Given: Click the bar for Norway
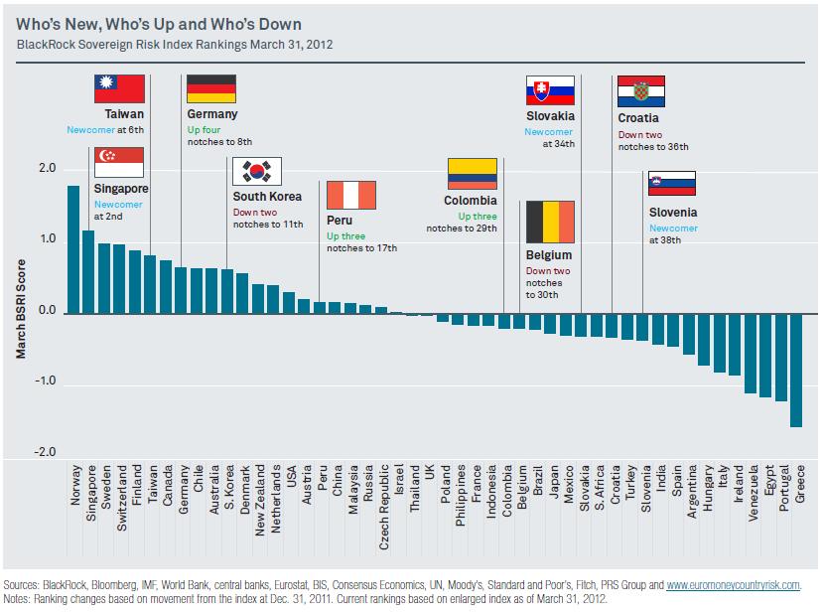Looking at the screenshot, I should [73, 249].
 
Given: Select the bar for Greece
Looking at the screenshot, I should [796, 370].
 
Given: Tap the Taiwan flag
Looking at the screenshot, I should [119, 88].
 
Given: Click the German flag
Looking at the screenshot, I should [211, 88].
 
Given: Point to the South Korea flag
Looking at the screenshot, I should [257, 171].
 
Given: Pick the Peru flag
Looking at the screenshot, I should [350, 195].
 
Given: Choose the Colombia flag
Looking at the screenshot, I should [473, 173].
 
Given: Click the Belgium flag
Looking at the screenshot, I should [550, 221].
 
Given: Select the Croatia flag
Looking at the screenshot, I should [642, 91].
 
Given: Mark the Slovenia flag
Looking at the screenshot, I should [671, 184].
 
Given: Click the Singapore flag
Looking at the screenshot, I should [119, 162].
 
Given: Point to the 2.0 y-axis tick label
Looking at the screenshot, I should [48, 169].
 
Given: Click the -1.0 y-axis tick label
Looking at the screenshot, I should [46, 382].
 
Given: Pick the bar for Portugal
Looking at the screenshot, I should [780, 358].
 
